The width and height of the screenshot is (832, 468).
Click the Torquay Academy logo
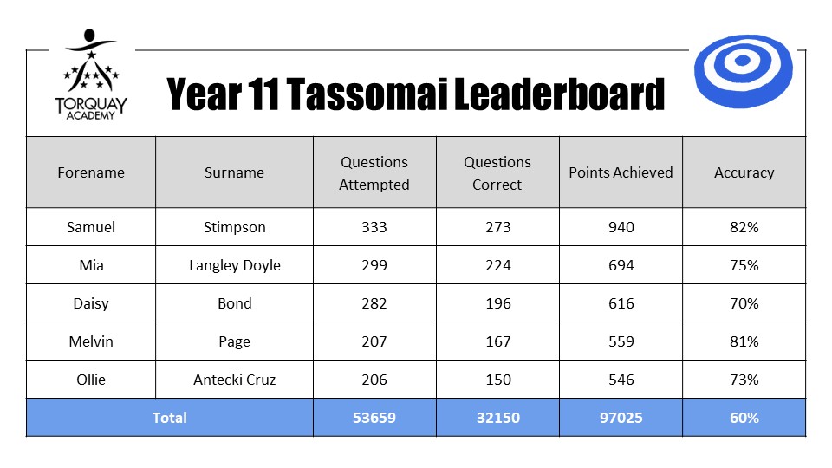click(x=91, y=75)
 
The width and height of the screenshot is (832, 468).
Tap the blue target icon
click(x=743, y=70)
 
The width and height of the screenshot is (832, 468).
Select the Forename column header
click(x=91, y=172)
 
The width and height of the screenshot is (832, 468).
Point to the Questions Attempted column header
click(x=374, y=173)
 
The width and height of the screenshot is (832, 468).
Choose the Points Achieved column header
click(x=621, y=172)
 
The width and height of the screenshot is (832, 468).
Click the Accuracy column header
click(x=744, y=172)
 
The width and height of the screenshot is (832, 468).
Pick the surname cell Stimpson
click(x=235, y=227)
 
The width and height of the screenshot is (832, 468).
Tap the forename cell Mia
click(x=91, y=265)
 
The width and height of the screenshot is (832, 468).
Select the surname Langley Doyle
click(x=235, y=265)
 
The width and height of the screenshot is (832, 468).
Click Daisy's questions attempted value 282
click(x=374, y=303)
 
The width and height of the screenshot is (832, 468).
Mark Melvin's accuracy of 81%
click(x=744, y=341)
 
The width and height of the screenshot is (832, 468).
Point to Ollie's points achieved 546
click(x=621, y=380)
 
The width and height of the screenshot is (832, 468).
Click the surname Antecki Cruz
click(x=235, y=380)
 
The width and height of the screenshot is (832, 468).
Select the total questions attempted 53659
click(x=374, y=418)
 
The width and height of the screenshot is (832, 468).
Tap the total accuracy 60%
click(x=744, y=418)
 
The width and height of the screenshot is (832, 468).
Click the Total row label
click(x=169, y=418)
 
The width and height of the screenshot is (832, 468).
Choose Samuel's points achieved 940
click(x=621, y=227)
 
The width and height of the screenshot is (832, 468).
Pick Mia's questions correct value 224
click(x=497, y=265)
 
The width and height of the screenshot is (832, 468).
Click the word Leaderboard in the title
click(x=559, y=94)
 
